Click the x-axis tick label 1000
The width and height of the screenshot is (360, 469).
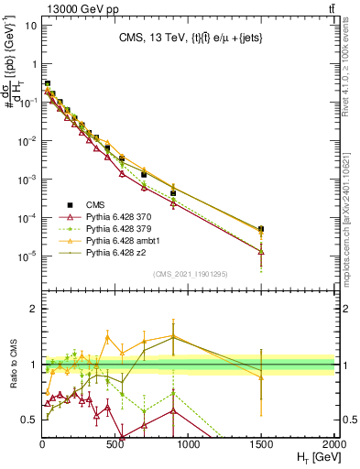[188, 443]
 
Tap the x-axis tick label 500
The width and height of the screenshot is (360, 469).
[115, 443]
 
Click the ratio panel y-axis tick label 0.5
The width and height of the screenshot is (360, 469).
[27, 420]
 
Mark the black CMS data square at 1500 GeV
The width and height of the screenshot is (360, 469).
[261, 229]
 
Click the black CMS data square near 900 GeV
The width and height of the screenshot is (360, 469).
[173, 193]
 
